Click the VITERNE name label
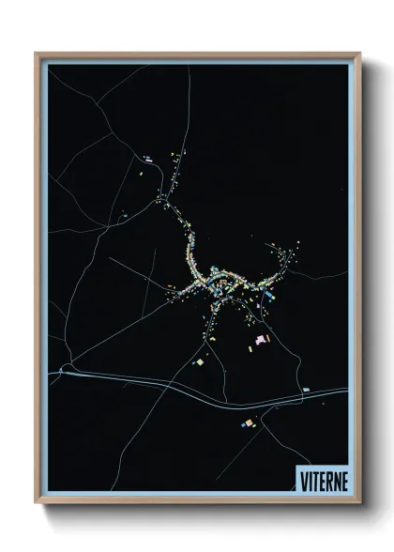click(322, 478)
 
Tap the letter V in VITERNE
click(303, 478)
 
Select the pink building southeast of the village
click(263, 337)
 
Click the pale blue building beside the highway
click(306, 389)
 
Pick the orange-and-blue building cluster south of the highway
click(248, 423)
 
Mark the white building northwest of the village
click(147, 157)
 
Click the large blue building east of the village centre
click(270, 296)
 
